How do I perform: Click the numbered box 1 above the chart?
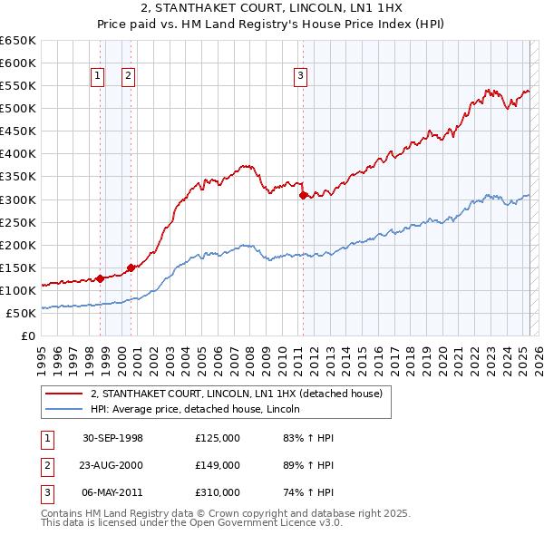pos(97,77)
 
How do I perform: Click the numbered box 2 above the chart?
pos(129,77)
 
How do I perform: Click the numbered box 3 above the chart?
pos(299,77)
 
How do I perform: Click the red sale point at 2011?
pos(303,194)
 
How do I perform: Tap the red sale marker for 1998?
pos(101,278)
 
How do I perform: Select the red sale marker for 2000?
pos(131,267)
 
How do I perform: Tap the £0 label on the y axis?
pos(27,336)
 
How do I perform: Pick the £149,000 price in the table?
pos(218,465)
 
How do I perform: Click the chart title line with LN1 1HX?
pos(272,10)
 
